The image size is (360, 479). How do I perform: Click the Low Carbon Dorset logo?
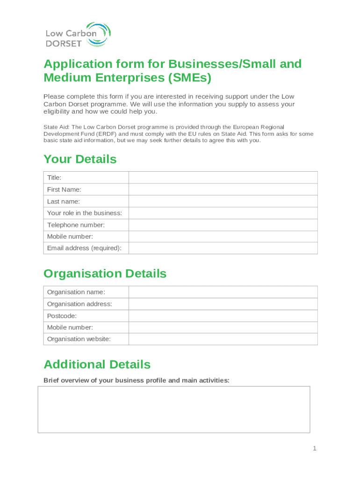click(x=78, y=34)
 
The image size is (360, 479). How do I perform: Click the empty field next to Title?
click(x=223, y=178)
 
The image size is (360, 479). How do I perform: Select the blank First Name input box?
click(x=223, y=189)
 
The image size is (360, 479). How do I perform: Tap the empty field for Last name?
click(x=223, y=202)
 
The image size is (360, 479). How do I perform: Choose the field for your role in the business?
click(x=223, y=213)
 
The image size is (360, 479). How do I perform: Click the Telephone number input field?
click(x=223, y=225)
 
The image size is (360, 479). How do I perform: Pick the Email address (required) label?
click(x=84, y=248)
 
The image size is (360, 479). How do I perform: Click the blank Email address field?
click(x=223, y=248)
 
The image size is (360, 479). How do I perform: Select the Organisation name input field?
click(x=223, y=292)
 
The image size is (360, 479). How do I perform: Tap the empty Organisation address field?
click(x=223, y=304)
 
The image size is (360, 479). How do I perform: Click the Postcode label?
click(x=62, y=316)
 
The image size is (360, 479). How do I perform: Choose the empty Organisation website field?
click(x=223, y=339)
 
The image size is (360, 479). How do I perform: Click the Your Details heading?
click(x=80, y=160)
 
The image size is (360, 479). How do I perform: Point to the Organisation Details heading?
click(x=105, y=274)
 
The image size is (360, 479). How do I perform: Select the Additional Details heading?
click(x=97, y=364)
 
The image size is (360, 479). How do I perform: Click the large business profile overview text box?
click(x=173, y=409)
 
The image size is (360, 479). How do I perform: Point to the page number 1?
click(x=315, y=449)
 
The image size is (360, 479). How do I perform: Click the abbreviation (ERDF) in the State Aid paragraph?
click(x=98, y=134)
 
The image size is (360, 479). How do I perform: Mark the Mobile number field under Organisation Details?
click(x=223, y=327)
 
